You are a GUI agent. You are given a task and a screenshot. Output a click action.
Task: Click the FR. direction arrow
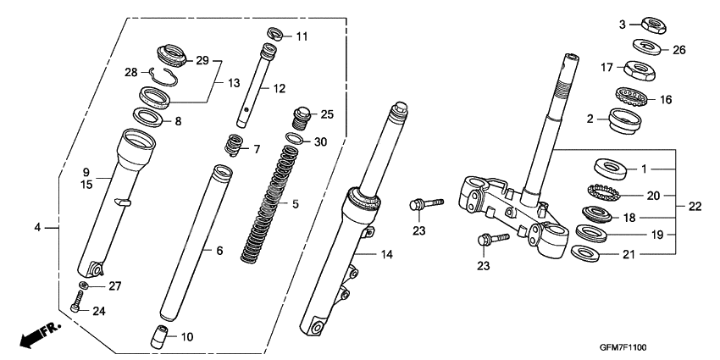point(33,335)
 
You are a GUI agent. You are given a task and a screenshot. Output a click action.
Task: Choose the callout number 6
point(219,251)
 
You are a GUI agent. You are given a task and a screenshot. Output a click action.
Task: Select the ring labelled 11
point(275,34)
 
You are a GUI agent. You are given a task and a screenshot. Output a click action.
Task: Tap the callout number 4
point(37,227)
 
